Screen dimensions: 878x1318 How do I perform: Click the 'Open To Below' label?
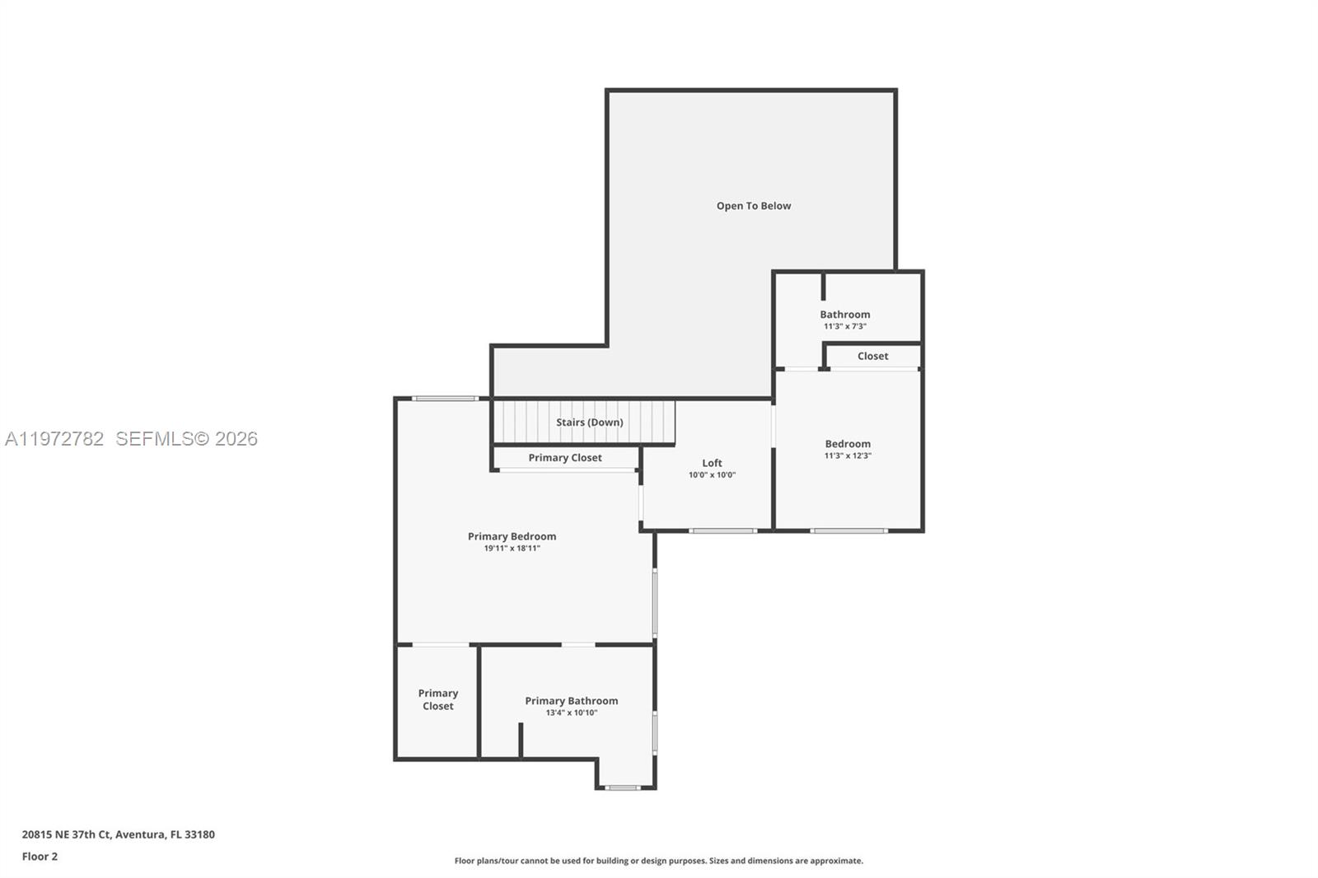(753, 206)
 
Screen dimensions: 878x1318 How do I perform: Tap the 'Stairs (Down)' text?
(589, 423)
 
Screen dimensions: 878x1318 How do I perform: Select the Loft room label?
(712, 463)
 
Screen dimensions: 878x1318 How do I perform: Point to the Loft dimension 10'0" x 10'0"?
(712, 475)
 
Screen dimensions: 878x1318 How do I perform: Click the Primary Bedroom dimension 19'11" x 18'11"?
(512, 549)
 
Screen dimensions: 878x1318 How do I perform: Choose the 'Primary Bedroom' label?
(512, 536)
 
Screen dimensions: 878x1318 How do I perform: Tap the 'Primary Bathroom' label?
(571, 701)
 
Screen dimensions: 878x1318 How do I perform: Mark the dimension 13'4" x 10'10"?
(571, 713)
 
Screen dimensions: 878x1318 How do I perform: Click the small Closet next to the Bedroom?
(872, 357)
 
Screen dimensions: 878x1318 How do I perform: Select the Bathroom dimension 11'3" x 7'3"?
(844, 326)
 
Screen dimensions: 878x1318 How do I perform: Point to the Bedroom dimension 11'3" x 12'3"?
(848, 455)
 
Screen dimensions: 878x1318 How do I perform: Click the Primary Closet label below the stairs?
(565, 458)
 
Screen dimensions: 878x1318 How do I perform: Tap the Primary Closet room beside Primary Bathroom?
(437, 699)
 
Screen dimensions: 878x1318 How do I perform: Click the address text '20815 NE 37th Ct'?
(66, 834)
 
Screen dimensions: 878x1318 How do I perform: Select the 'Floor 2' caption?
(40, 857)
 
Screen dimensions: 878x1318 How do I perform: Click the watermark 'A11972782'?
(54, 439)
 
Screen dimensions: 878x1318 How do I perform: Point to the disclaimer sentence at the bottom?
(658, 861)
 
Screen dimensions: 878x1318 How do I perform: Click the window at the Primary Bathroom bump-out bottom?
(623, 788)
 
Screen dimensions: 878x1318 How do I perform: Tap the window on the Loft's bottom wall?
(722, 530)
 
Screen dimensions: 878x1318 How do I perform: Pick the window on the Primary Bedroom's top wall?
(444, 399)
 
